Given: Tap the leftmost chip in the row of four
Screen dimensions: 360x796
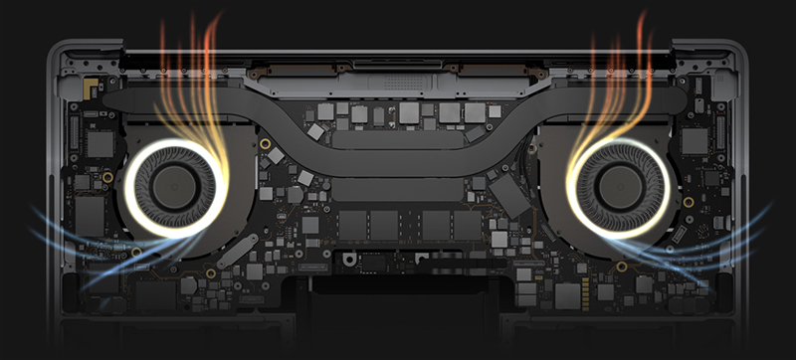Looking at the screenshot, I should [x=352, y=224].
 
